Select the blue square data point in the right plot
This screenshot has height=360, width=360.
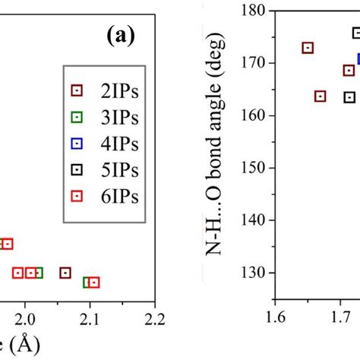click(x=357, y=58)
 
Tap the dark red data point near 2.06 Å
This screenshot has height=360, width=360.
click(x=65, y=273)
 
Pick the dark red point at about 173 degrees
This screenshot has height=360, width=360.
click(x=308, y=48)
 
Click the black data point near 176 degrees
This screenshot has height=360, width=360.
click(x=356, y=33)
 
